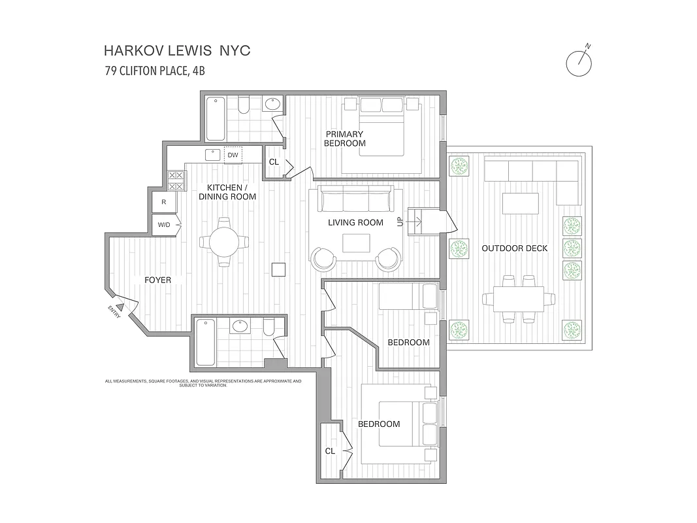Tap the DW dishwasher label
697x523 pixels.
tap(233, 155)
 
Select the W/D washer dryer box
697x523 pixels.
tap(164, 225)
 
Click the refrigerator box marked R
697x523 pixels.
tap(164, 202)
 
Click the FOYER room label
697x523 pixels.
tap(157, 280)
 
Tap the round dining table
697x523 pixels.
tap(224, 242)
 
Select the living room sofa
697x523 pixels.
tap(355, 199)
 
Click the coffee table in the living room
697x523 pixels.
tap(356, 243)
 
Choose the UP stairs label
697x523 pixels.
tap(400, 222)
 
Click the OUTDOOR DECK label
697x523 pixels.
tap(514, 248)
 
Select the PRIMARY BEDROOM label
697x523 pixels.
tap(344, 139)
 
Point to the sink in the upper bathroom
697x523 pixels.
tap(272, 104)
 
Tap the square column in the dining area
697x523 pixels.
tap(279, 269)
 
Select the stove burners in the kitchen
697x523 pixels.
tap(176, 180)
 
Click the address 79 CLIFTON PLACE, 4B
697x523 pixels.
tap(155, 71)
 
